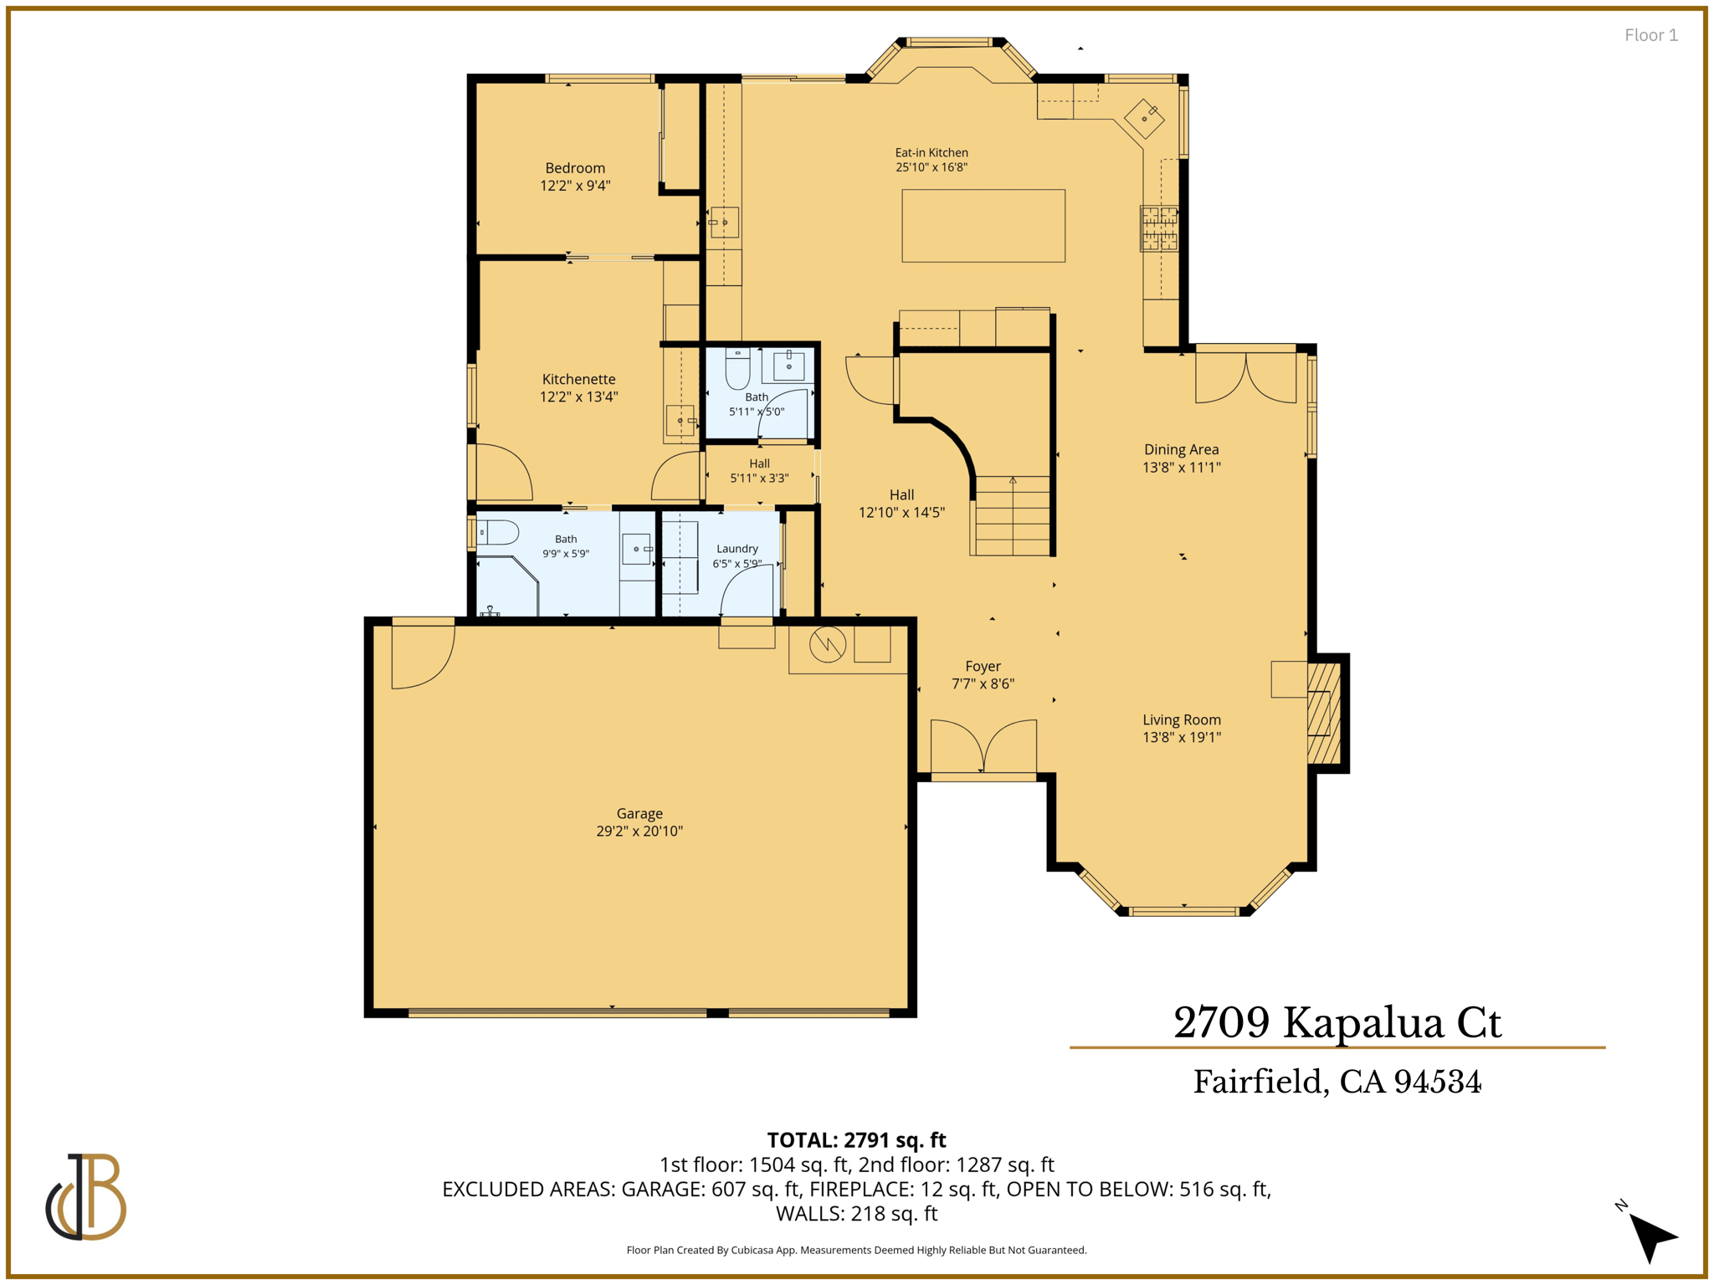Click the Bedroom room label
[x=575, y=168]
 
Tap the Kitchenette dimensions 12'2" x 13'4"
[x=578, y=397]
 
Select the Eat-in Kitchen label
[x=931, y=152]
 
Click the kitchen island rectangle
[x=983, y=226]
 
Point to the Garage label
[x=639, y=813]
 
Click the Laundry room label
[x=737, y=549]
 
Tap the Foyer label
[x=983, y=666]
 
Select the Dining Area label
[x=1182, y=449]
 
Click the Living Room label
[x=1182, y=719]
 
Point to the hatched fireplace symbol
[x=1324, y=713]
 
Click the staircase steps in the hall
[x=1012, y=515]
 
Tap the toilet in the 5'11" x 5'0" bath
[x=737, y=369]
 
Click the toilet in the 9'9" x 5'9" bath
[x=498, y=532]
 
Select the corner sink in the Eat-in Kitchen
[x=1144, y=119]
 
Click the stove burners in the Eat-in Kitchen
[x=1159, y=228]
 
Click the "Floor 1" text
[x=1651, y=35]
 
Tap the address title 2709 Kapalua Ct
[x=1337, y=1022]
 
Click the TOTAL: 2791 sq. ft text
[x=857, y=1140]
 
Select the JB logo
[x=85, y=1196]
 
